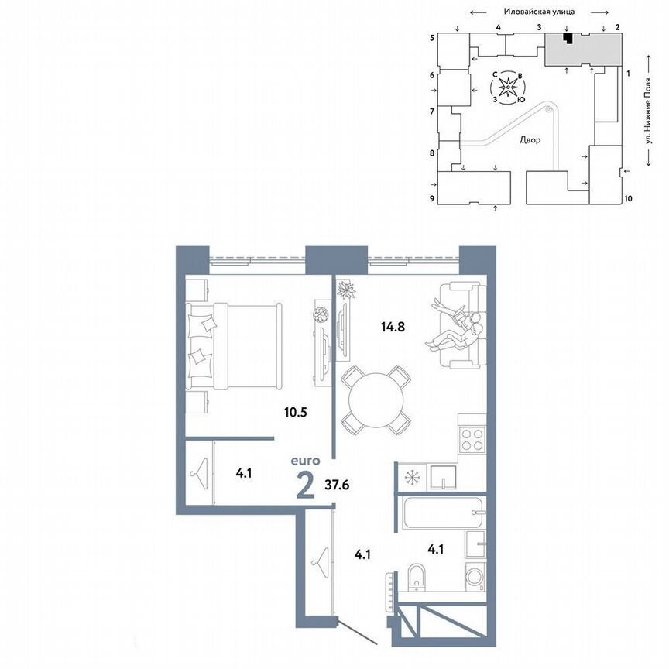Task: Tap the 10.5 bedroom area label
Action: point(296,412)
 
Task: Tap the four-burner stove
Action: point(472,441)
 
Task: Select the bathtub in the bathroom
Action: point(441,513)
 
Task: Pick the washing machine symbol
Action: point(474,576)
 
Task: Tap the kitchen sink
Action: point(443,477)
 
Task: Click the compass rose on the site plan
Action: point(507,87)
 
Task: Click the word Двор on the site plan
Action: point(530,140)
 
